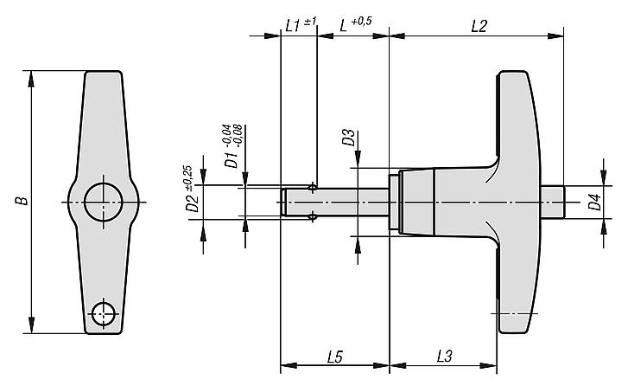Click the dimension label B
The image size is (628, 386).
click(23, 202)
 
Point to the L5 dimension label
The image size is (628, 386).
click(336, 355)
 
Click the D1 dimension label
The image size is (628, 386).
click(230, 160)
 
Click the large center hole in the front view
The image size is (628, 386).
click(104, 202)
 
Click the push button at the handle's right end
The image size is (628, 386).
click(552, 202)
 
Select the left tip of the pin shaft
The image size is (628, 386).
click(285, 202)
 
